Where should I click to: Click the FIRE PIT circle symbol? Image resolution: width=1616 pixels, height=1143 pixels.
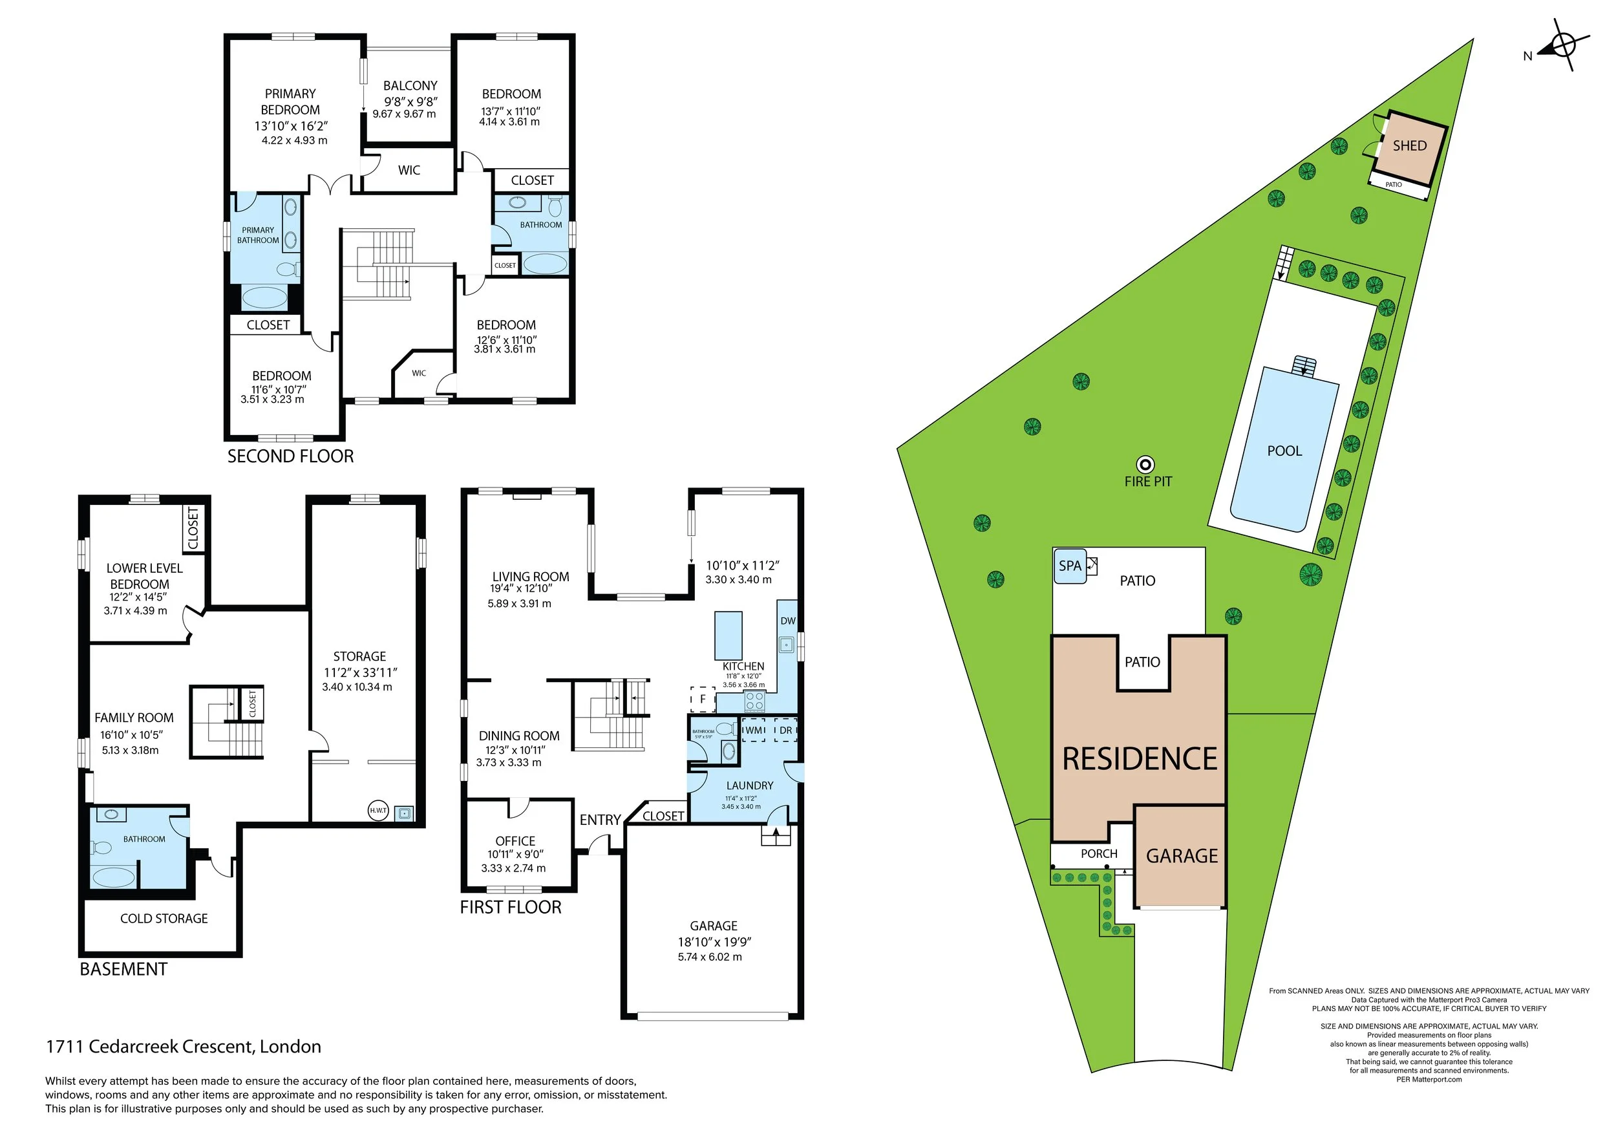[1146, 465]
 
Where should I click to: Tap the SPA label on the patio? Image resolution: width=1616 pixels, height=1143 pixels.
[1069, 566]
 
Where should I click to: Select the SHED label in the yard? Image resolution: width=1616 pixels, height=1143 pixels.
[1409, 145]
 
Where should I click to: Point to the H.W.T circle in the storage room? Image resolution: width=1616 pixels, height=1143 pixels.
[378, 810]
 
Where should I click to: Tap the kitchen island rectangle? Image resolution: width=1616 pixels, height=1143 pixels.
[728, 635]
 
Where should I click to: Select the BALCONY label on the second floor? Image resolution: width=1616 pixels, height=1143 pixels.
[410, 85]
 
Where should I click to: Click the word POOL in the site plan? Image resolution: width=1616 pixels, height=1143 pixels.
[1284, 451]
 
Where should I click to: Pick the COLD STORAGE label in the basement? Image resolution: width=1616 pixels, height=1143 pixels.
[164, 919]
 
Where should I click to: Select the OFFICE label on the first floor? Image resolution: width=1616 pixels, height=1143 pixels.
[515, 841]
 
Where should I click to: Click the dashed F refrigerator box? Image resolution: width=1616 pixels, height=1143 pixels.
[702, 699]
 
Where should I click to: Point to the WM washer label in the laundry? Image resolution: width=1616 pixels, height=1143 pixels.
[754, 730]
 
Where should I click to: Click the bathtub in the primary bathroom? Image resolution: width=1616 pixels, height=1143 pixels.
[264, 298]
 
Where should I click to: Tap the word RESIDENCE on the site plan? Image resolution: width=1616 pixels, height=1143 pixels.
[1140, 760]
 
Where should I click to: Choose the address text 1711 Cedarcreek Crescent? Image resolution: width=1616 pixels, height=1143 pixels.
[183, 1047]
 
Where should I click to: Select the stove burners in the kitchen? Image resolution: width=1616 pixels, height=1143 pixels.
[754, 700]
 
